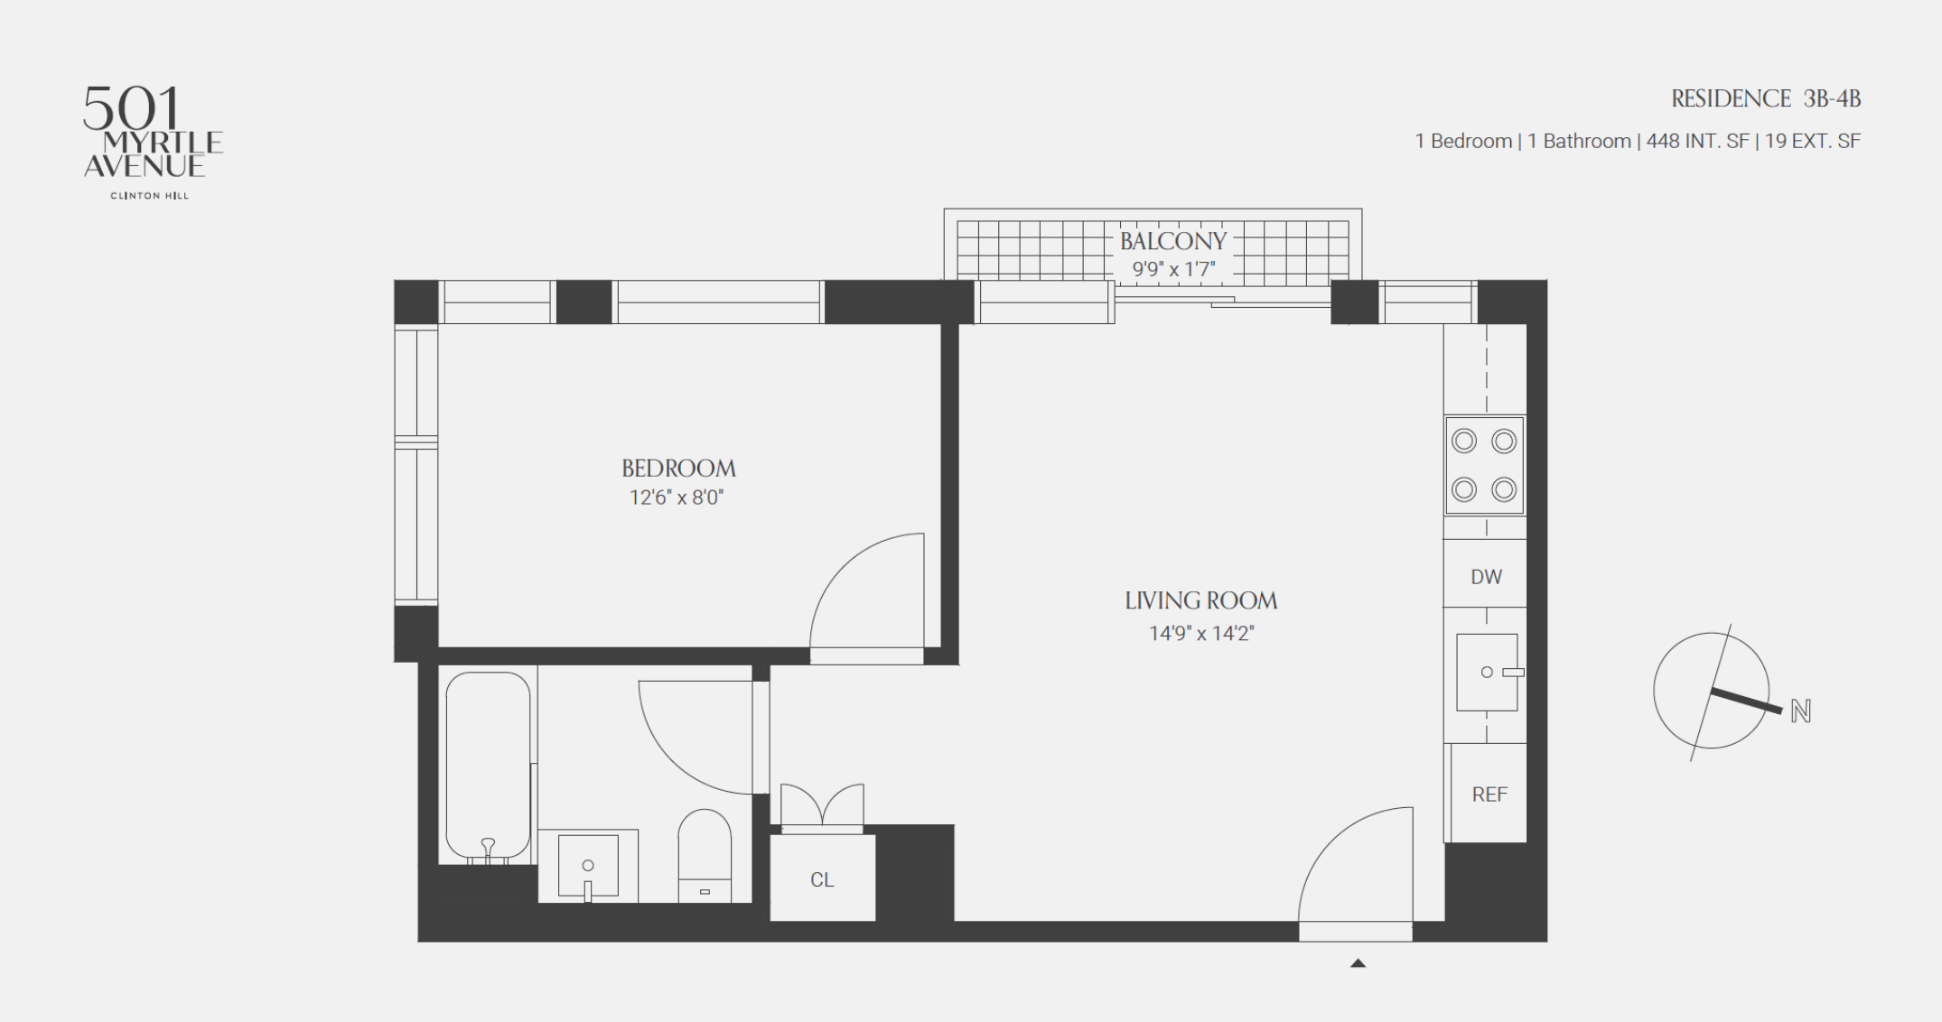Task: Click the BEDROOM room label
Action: pos(678,469)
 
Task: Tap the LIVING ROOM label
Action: pos(1201,601)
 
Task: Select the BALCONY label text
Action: pos(1173,241)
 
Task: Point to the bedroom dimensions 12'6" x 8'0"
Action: pos(677,497)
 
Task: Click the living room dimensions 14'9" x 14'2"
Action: pos(1201,634)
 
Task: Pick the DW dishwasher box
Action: pos(1486,574)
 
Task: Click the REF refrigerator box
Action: pos(1489,794)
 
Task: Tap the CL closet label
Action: pos(822,879)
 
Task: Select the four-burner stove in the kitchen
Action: pos(1484,466)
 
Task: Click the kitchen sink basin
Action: pos(1487,673)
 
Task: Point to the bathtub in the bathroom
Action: pos(488,766)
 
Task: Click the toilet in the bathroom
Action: pos(705,856)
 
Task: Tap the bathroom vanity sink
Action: pos(588,866)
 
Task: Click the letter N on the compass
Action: pos(1800,711)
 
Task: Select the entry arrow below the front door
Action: pos(1358,963)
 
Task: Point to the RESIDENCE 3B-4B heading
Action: pos(1766,98)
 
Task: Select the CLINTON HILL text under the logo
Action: pos(150,195)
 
